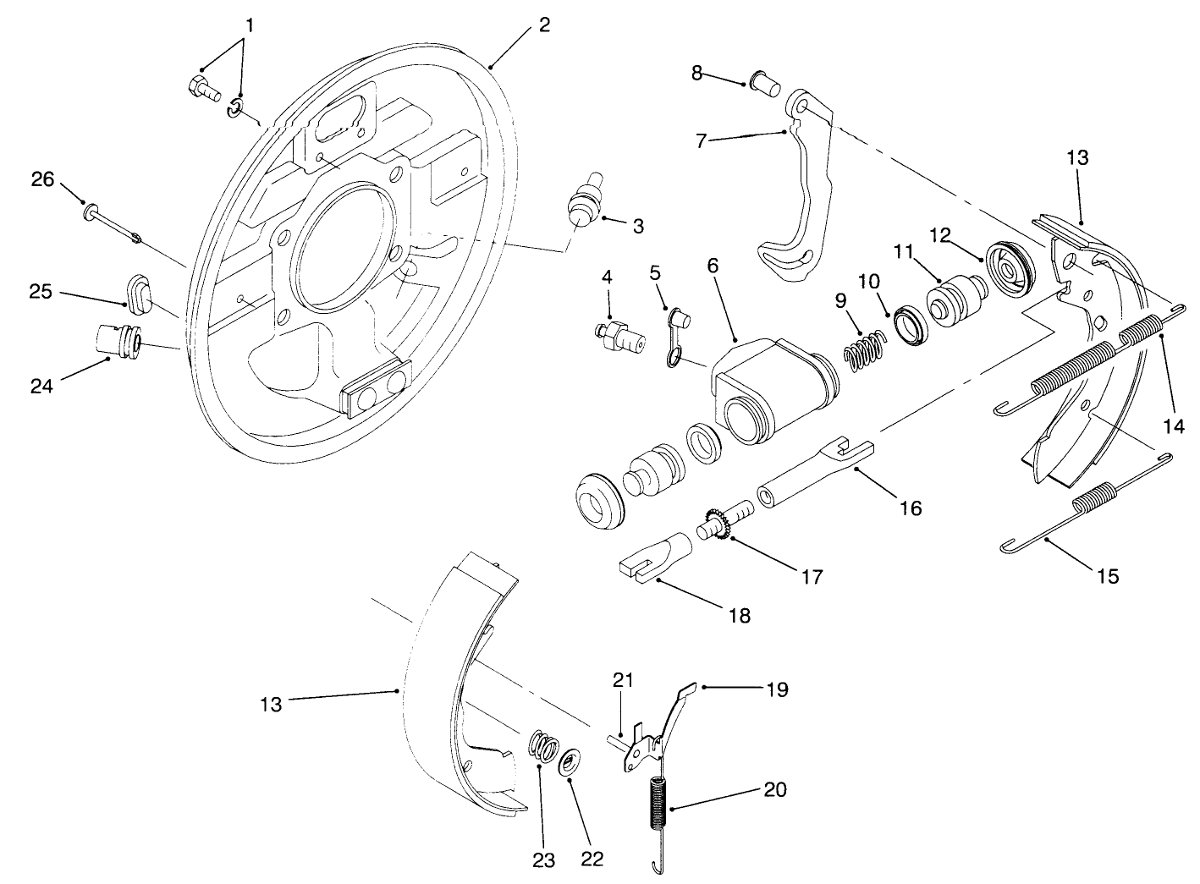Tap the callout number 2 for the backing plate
pos(544,25)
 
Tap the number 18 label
pos(739,615)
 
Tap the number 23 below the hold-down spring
pos(543,860)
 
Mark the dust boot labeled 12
pos(1009,270)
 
